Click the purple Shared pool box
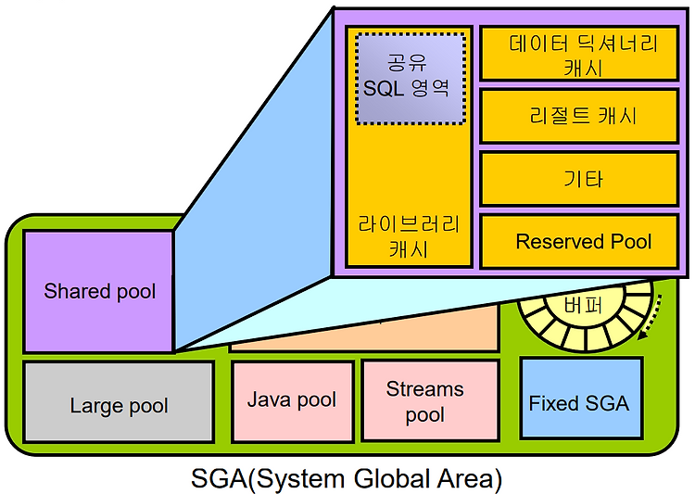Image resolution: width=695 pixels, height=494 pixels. click(x=98, y=291)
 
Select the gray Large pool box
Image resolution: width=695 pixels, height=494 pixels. click(x=119, y=404)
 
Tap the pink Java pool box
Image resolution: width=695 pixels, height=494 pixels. click(x=292, y=400)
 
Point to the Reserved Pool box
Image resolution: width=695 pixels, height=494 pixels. click(x=583, y=242)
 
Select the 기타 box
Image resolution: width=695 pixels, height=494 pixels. click(x=583, y=179)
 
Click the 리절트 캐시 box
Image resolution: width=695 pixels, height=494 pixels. click(x=583, y=116)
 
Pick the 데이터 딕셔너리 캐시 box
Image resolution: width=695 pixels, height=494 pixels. click(x=583, y=54)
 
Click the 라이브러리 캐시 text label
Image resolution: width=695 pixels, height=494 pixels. click(x=409, y=236)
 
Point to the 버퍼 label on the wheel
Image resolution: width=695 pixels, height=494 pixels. click(x=581, y=306)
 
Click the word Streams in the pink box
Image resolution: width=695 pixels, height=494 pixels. click(x=425, y=389)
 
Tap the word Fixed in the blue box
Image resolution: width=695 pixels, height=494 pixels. click(x=550, y=403)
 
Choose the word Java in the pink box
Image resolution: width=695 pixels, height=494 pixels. click(x=267, y=400)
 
